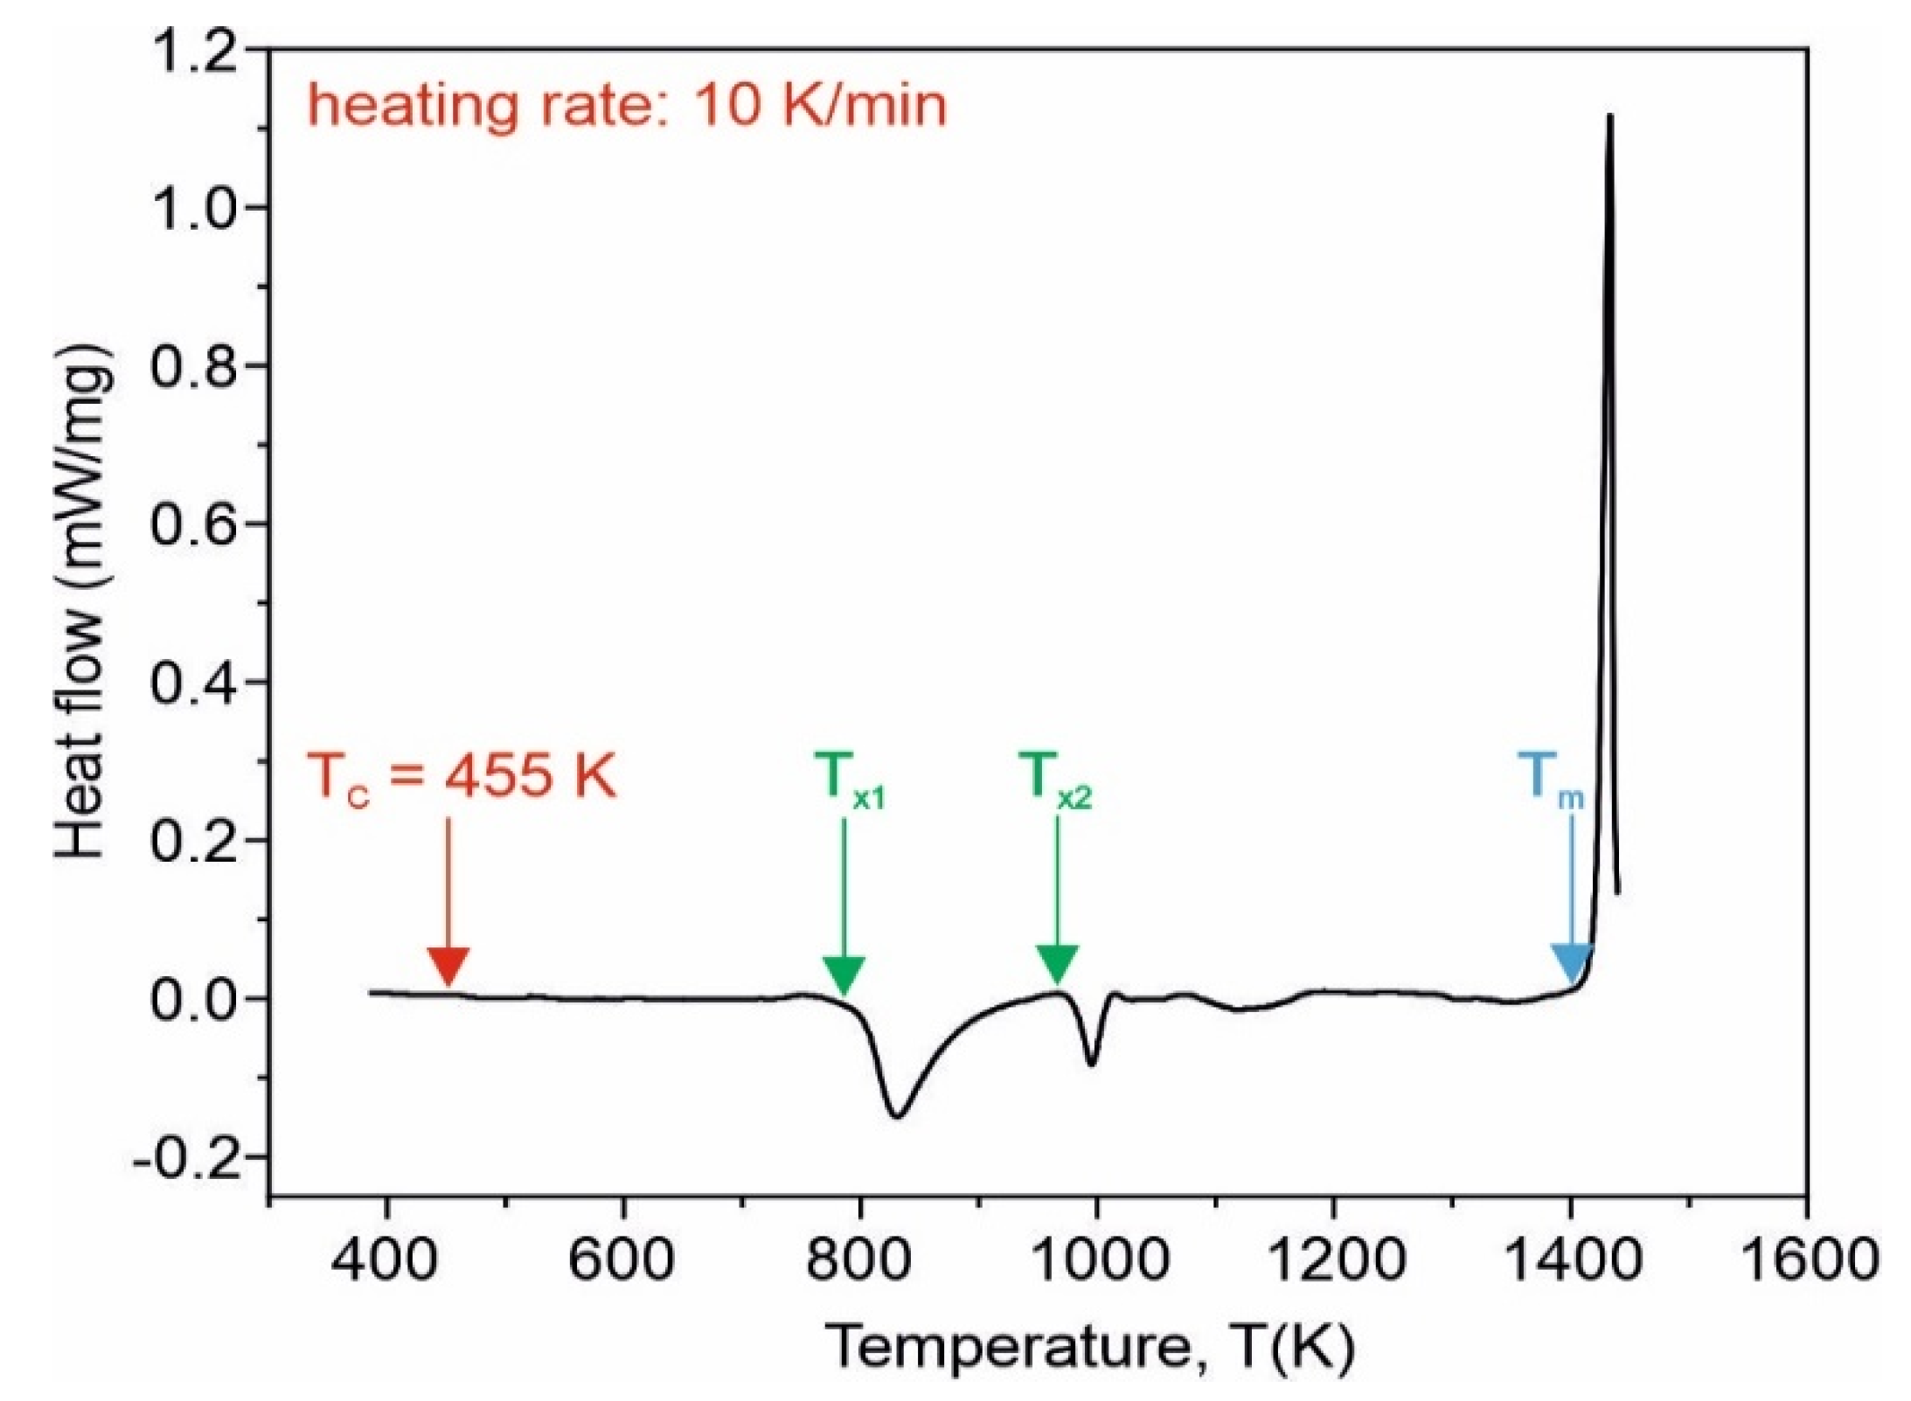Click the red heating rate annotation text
pos(626,106)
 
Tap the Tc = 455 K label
pos(461,775)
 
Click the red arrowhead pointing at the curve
pos(448,967)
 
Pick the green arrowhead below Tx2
pos(1057,964)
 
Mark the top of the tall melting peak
pos(1609,115)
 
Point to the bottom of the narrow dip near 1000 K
pos(1091,1064)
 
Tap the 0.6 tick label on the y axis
pos(194,525)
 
